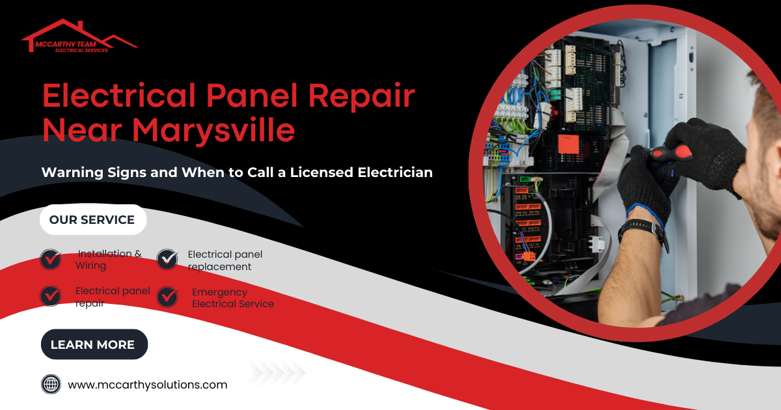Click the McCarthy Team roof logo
(x=79, y=37)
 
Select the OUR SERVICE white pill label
(x=92, y=220)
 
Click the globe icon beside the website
(x=51, y=384)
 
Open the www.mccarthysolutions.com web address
(x=148, y=385)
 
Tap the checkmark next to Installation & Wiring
(x=51, y=259)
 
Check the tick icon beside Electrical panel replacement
(x=167, y=259)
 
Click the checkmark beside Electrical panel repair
(x=51, y=296)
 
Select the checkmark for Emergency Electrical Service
(x=167, y=297)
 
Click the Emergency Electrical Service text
(x=232, y=298)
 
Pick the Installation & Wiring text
(x=108, y=260)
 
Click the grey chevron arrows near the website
(x=277, y=372)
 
